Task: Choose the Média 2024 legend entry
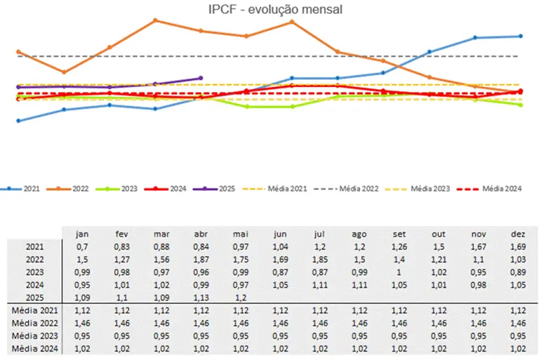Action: point(505,189)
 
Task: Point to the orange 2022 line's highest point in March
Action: point(155,20)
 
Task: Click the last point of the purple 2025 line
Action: point(201,78)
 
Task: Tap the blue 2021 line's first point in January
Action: point(18,121)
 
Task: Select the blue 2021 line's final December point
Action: point(520,36)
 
